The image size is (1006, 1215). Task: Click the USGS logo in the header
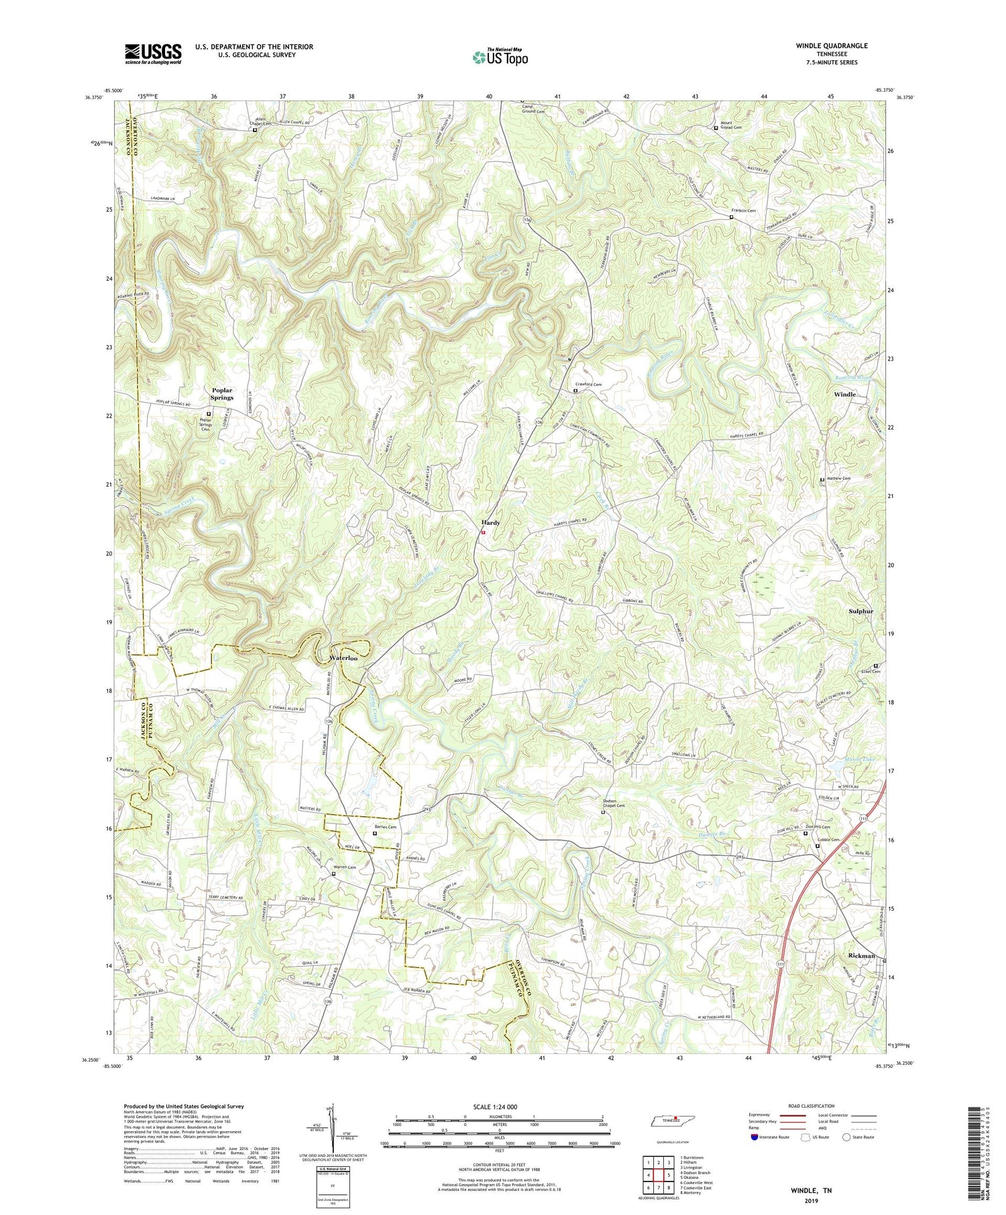click(x=152, y=54)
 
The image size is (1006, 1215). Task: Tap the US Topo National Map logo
click(x=500, y=57)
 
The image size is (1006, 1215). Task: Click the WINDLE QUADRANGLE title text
click(x=832, y=46)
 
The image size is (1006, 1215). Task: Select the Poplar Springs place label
click(x=222, y=393)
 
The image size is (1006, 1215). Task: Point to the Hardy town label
click(x=491, y=523)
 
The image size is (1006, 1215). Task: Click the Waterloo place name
click(x=343, y=659)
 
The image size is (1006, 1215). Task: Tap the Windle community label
click(x=844, y=395)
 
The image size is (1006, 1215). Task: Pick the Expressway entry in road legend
click(x=761, y=1116)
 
